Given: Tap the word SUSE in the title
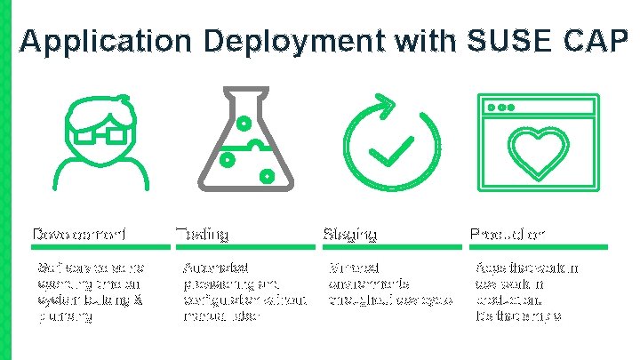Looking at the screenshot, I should coord(506,41).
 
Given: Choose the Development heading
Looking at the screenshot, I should coord(79,234).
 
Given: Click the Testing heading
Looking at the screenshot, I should coord(203,234).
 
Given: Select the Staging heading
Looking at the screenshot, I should coord(350,234).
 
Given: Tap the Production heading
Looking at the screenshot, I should coord(508,234).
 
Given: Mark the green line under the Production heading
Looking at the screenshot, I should coord(538,246).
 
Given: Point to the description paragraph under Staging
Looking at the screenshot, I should coord(384,283).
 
